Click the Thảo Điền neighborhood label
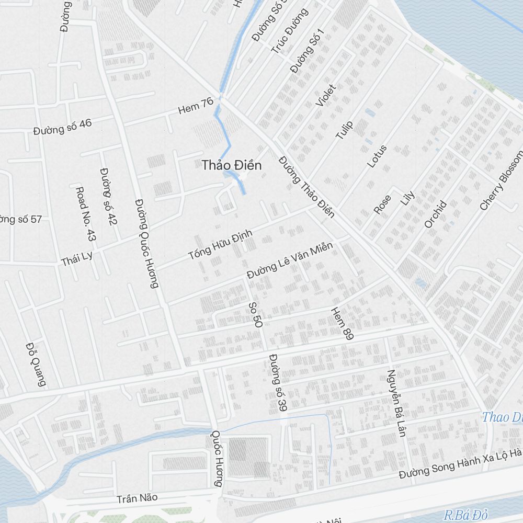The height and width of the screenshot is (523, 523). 232,165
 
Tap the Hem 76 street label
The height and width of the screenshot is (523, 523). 196,106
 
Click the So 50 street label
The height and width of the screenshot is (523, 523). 255,314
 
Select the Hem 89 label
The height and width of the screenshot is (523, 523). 342,323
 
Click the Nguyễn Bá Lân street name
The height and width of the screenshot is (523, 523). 396,403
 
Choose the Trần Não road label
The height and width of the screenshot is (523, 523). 137,498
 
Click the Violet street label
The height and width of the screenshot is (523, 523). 326,95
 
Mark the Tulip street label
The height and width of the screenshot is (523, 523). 344,130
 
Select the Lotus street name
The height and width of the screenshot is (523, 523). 377,156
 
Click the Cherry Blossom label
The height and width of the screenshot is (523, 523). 501,180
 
